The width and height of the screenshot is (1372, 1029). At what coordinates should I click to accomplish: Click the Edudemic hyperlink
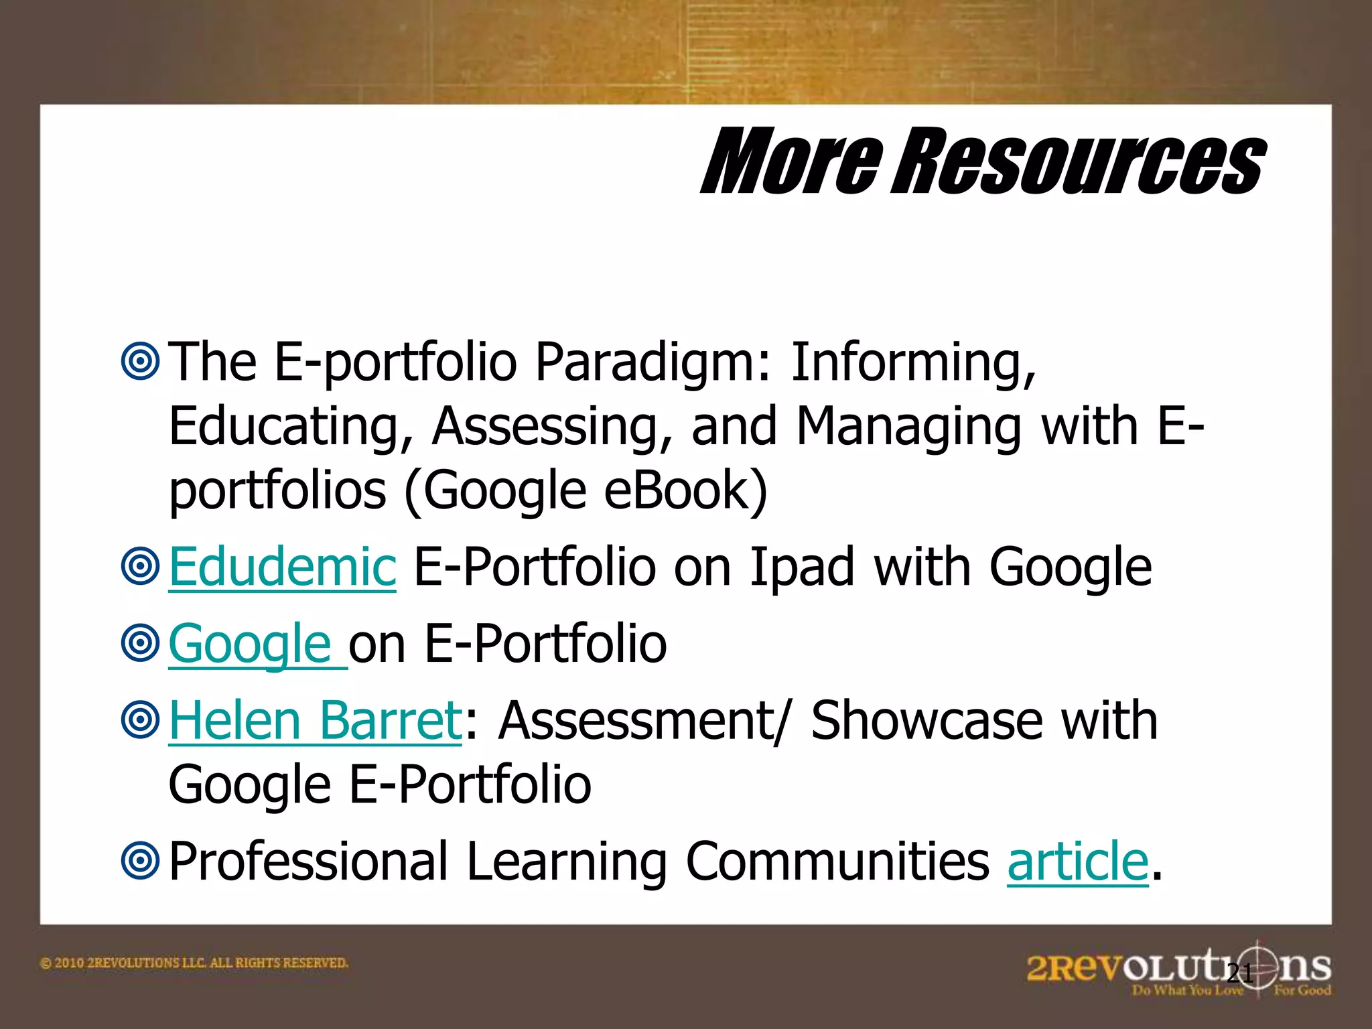pos(282,567)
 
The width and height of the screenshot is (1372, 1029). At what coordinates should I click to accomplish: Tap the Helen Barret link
pos(315,721)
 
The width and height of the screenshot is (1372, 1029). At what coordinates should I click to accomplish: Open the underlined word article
pos(1077,862)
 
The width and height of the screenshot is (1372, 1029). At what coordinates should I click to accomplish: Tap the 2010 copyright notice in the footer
pos(194,963)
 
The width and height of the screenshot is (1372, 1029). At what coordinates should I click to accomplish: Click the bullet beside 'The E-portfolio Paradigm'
pos(140,362)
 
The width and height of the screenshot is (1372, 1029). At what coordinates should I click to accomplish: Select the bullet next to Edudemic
pos(140,567)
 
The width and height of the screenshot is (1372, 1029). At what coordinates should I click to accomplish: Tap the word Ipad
pos(801,567)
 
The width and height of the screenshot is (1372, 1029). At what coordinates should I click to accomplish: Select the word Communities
pos(837,862)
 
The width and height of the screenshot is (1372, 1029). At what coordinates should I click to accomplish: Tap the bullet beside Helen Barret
pos(140,721)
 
